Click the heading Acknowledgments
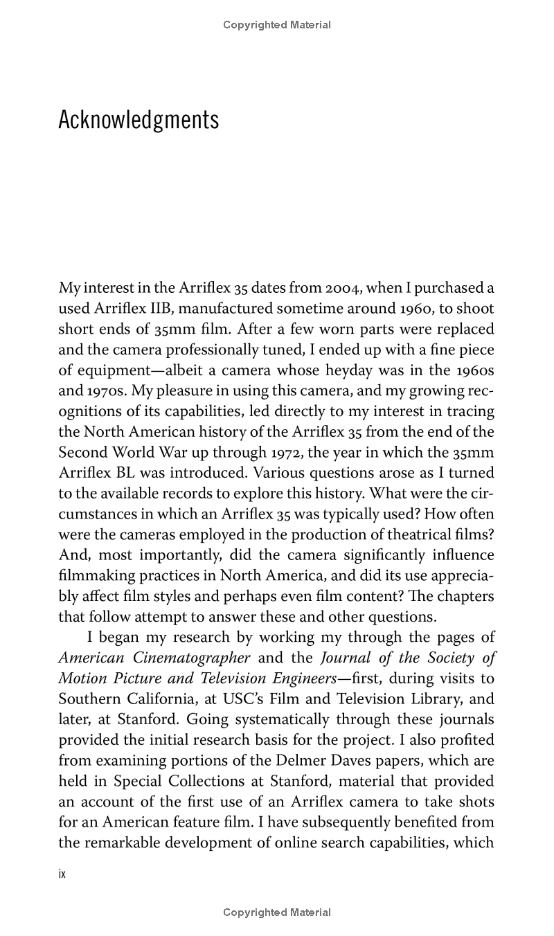coord(138,120)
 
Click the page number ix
coord(62,874)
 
